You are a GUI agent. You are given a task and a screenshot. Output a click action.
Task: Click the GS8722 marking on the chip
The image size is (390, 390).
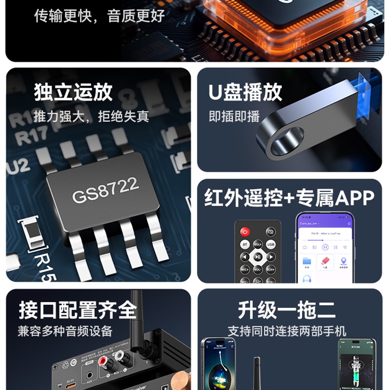click(x=105, y=190)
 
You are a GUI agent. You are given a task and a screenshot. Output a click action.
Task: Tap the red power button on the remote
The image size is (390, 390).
click(x=245, y=232)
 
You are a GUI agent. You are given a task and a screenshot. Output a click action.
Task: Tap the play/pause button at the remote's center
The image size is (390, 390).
click(x=258, y=257)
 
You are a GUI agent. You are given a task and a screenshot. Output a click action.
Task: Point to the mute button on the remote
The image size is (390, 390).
click(x=271, y=232)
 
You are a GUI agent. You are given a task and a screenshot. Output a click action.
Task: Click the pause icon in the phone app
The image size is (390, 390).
click(x=325, y=247)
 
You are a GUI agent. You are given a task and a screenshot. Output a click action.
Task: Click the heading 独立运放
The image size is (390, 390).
click(x=73, y=92)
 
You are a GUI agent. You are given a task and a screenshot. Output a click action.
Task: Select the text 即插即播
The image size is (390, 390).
click(x=228, y=117)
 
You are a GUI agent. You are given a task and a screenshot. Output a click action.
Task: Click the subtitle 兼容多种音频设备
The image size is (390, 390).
click(x=65, y=331)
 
